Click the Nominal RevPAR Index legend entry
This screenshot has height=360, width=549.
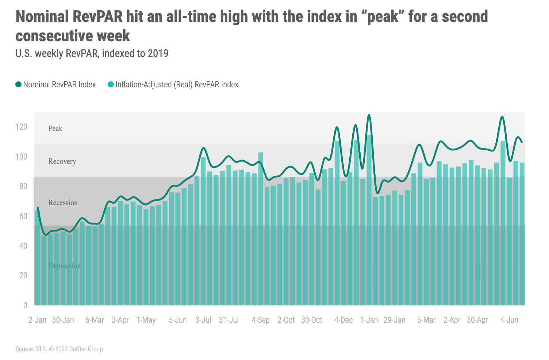(55, 85)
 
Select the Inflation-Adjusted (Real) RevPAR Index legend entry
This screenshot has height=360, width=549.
(173, 85)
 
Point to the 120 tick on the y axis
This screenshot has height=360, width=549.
(21, 127)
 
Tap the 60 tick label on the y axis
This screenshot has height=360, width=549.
(23, 216)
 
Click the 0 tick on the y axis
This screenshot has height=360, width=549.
(25, 305)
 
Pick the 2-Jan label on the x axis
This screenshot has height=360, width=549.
(38, 320)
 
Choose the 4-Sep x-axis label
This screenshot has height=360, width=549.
(261, 320)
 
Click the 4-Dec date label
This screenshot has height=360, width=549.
(343, 320)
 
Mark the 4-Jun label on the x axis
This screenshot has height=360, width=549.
(509, 320)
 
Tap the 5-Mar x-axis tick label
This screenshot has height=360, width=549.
(426, 320)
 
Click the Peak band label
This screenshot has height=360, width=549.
(55, 129)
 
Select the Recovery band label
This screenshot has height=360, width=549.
(62, 161)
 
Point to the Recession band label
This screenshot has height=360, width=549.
(63, 203)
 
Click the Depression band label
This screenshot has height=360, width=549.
(65, 266)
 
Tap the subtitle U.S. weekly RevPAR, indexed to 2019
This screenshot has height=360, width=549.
(92, 54)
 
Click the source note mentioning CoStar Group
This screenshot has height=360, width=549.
(59, 349)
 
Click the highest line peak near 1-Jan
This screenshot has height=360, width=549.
(369, 115)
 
